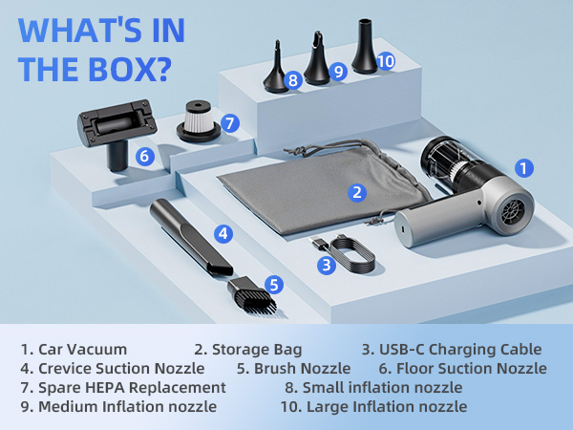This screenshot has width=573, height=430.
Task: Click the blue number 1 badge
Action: click(x=524, y=168)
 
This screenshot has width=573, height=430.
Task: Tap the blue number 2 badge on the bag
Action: click(x=357, y=192)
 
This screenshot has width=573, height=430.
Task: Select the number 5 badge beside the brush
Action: click(x=274, y=284)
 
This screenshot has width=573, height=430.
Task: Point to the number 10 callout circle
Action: click(x=384, y=61)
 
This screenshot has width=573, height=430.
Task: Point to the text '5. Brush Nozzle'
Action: click(x=294, y=368)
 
